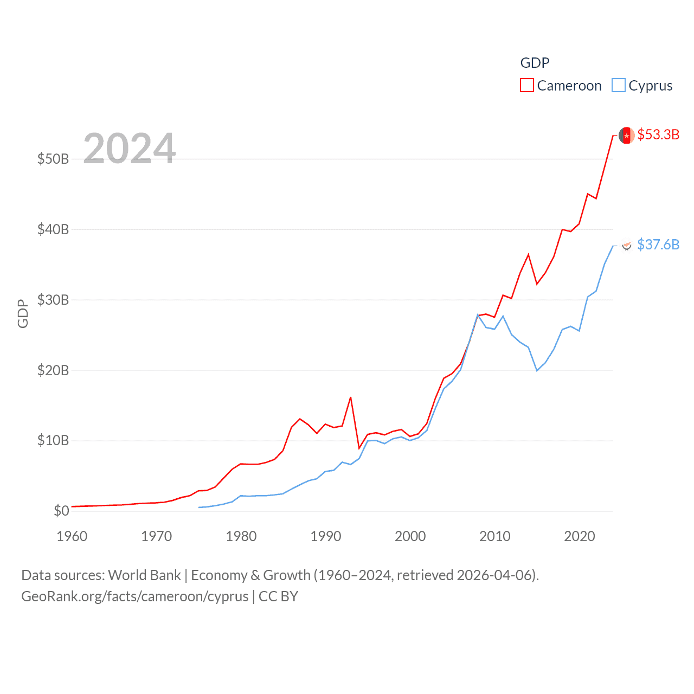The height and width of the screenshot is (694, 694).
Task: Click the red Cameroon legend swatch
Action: pos(526,86)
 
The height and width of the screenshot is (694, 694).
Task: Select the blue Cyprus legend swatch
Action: pos(618,86)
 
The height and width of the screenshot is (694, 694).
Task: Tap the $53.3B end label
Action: pos(658,134)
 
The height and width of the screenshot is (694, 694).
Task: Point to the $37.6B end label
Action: pos(658,245)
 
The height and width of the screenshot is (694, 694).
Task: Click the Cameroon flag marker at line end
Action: pos(626,136)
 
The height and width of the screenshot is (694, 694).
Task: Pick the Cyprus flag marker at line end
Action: pos(626,245)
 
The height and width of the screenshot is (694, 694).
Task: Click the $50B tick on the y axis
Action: pos(53,159)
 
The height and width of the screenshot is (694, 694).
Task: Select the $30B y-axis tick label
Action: pos(53,300)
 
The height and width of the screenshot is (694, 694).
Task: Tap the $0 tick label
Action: pos(61,511)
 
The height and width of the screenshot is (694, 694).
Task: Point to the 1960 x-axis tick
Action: pos(72,536)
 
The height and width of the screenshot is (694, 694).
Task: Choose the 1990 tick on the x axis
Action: pos(326,536)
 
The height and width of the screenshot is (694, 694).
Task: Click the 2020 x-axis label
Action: pos(580,536)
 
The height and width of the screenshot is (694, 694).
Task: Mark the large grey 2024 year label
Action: pos(130,148)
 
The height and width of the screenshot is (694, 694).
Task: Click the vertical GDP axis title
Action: pos(23,313)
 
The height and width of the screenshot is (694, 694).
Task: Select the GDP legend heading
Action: pos(535,63)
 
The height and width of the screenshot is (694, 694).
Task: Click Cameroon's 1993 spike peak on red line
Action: pos(351,397)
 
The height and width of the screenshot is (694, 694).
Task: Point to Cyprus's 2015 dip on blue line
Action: pos(537,370)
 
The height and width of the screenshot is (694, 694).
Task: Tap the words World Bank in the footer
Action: pos(144,575)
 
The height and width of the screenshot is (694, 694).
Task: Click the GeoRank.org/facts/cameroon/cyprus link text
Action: pos(134,596)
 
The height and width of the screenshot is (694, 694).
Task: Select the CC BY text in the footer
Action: pos(278,596)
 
